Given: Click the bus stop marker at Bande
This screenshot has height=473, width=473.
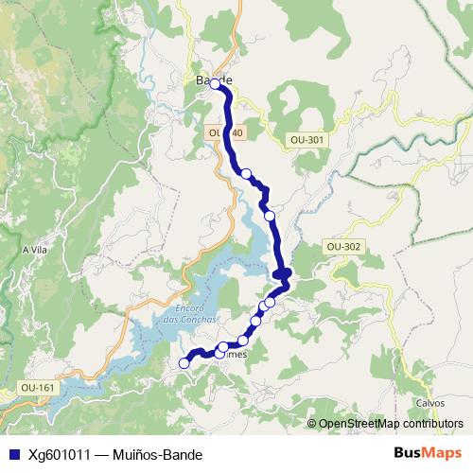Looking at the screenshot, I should pyautogui.click(x=216, y=84).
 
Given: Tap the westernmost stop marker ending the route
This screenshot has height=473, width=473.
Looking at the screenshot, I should pyautogui.click(x=184, y=362).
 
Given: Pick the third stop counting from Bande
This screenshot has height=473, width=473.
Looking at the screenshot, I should pyautogui.click(x=270, y=216).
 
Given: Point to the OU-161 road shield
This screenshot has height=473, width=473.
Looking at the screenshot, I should pyautogui.click(x=38, y=388).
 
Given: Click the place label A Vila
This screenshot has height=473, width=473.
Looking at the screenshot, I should pyautogui.click(x=34, y=250).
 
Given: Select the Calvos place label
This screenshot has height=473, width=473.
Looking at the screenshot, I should pyautogui.click(x=429, y=402).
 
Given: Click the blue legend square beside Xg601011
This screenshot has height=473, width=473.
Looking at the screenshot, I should pyautogui.click(x=11, y=454).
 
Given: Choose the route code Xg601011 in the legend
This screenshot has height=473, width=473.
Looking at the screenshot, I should pyautogui.click(x=59, y=454).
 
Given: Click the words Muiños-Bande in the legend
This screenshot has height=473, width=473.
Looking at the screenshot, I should pyautogui.click(x=158, y=454).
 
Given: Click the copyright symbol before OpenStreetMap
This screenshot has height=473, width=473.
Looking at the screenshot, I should pyautogui.click(x=313, y=424).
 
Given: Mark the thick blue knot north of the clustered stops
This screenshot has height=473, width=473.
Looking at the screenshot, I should pyautogui.click(x=283, y=274).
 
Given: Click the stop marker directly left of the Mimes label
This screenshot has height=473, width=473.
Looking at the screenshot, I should pyautogui.click(x=223, y=347).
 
